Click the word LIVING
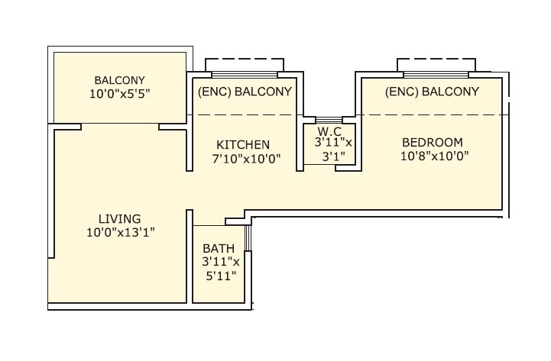[x=118, y=218]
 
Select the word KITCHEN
[x=243, y=144]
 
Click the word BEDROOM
[x=433, y=142]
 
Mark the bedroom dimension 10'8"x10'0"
[x=433, y=156]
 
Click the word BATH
[x=219, y=249]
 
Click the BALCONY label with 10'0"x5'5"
[x=119, y=80]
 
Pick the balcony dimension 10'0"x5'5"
[x=119, y=94]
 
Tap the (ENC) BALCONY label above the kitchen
[x=245, y=92]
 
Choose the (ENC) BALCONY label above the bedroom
[x=432, y=92]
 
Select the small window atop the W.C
[x=329, y=120]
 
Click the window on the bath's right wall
[x=248, y=238]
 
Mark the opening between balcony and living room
[x=120, y=124]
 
